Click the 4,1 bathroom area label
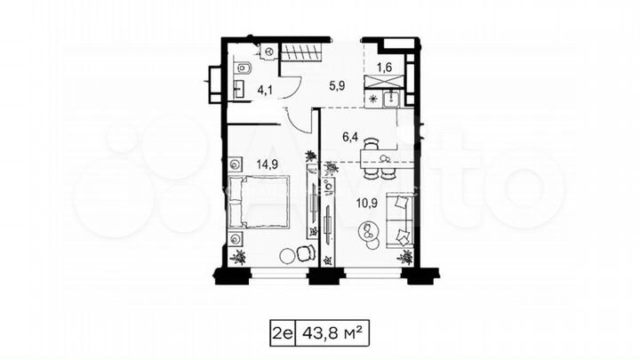point(266,88)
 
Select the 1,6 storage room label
point(385,67)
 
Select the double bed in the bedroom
point(260,201)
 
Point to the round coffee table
point(366,234)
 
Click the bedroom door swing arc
point(293,118)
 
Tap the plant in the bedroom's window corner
point(238,258)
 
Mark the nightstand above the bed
point(235,164)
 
